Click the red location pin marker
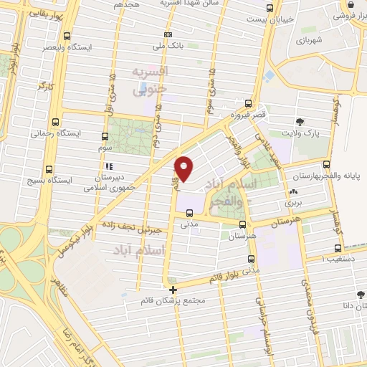(x=185, y=167)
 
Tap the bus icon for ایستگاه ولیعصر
(x=67, y=36)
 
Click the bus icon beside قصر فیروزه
(x=248, y=103)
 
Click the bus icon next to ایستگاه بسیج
(x=49, y=170)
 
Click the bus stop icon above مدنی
(x=189, y=213)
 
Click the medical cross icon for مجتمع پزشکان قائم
(x=173, y=290)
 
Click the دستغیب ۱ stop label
(x=343, y=257)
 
